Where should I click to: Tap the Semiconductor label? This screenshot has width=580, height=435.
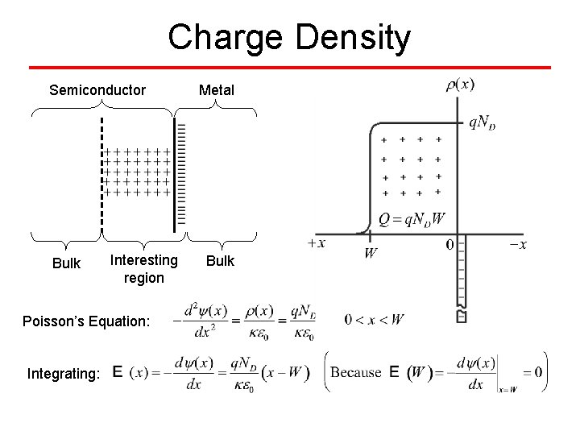pos(97,89)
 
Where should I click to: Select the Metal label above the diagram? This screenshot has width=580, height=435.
pos(217,89)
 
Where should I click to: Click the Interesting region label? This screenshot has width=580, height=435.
pos(143,268)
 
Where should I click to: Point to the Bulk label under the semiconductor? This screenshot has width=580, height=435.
pos(66,263)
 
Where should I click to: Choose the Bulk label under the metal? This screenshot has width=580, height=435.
pos(220,261)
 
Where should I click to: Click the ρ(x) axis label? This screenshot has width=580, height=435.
pos(460,84)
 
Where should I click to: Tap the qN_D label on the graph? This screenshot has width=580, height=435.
pos(487,122)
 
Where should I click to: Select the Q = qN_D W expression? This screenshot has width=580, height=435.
pos(412,218)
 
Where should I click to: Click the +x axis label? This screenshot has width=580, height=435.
pos(317,243)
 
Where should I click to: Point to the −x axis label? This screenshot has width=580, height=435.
pos(518,243)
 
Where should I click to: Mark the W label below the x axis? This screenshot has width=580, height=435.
pos(370,253)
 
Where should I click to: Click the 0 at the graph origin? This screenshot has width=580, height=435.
pos(449,243)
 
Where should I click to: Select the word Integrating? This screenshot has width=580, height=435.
pos(64,373)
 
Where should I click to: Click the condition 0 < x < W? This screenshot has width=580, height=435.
pos(374,320)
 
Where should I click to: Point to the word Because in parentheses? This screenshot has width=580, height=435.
pos(356,372)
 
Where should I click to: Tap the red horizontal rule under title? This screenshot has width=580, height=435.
pos(290,67)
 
